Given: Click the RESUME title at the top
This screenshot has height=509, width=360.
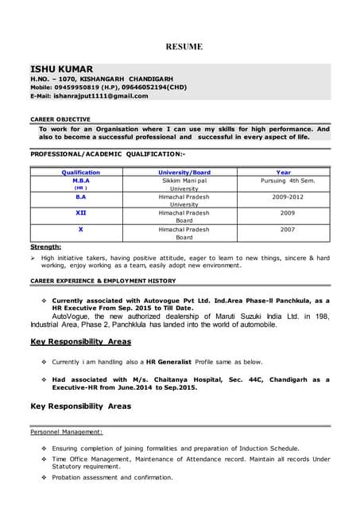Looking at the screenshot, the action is (184, 47).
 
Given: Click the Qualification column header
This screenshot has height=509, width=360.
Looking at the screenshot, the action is (80, 172).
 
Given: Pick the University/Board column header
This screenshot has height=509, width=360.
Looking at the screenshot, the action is (184, 172).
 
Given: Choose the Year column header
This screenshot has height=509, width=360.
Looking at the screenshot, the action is (283, 172).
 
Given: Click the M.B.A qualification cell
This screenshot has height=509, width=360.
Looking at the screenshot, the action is (80, 181).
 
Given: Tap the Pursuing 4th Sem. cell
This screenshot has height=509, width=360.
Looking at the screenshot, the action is (283, 181).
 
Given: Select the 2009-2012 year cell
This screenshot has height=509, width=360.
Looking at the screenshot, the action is (283, 196).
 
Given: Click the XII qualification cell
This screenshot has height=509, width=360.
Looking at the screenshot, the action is (80, 213).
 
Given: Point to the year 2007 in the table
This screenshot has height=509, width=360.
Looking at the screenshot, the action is (283, 229).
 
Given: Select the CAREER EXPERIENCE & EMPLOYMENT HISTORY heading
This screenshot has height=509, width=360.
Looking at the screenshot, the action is (103, 281).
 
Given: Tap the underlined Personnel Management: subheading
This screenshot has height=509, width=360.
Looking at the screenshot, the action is (66, 432).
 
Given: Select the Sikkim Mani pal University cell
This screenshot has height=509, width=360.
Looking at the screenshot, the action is (184, 185).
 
